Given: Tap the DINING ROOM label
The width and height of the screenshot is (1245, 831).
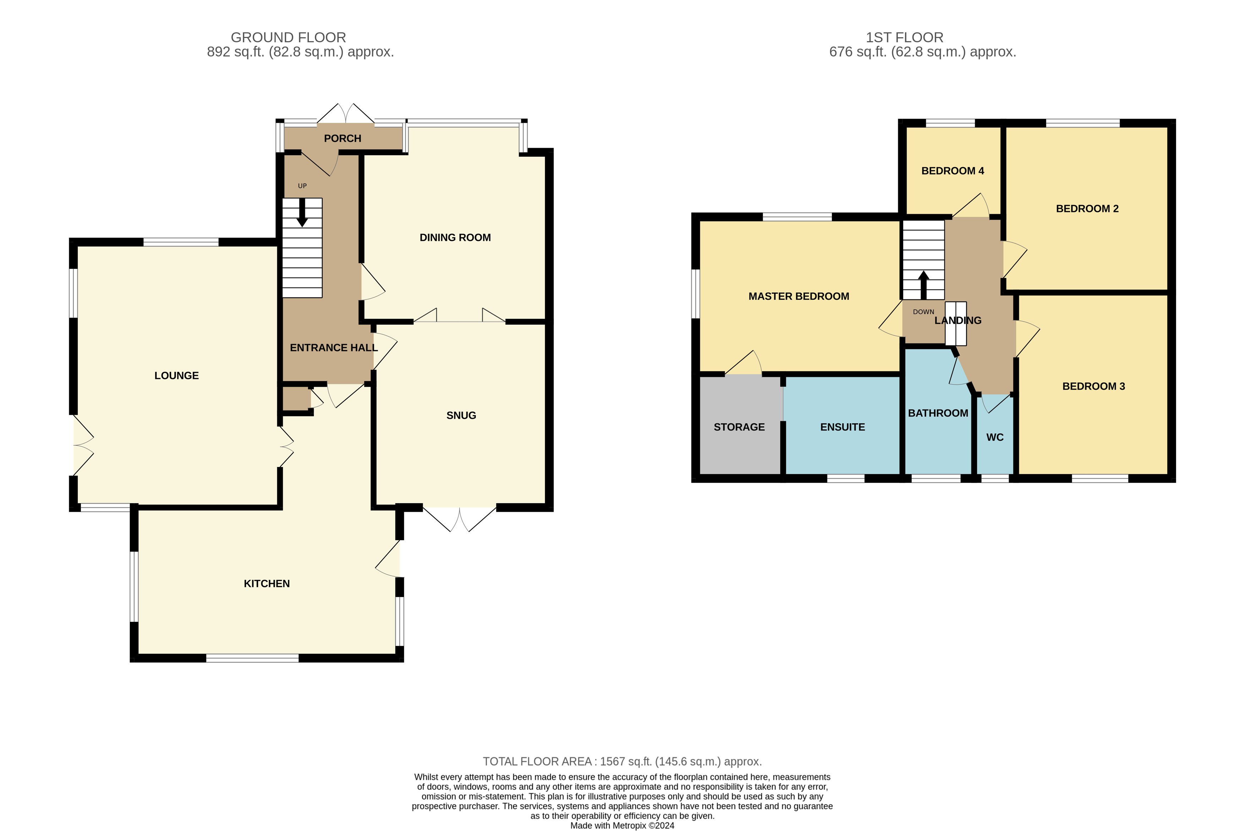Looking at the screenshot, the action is (x=455, y=238).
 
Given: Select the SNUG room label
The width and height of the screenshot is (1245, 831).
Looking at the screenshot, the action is (x=461, y=415).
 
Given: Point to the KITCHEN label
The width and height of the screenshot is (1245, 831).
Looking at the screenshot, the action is (x=267, y=583).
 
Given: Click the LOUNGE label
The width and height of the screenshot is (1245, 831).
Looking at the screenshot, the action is (x=176, y=376).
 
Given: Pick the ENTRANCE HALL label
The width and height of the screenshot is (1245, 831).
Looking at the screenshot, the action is (x=334, y=348).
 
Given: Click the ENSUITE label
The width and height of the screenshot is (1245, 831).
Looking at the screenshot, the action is (x=842, y=427).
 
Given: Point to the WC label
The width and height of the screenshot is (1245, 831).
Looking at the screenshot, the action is (x=995, y=437).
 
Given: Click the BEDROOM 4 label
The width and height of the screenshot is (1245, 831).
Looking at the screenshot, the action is (x=952, y=171).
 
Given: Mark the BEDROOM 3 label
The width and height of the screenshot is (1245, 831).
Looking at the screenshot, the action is (x=1093, y=386).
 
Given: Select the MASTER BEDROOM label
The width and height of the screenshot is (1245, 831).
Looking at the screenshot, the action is (x=799, y=296).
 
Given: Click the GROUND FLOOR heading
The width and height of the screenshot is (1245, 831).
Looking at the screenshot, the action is (x=288, y=38).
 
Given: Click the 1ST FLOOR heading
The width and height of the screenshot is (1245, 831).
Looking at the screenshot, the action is (x=904, y=38).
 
